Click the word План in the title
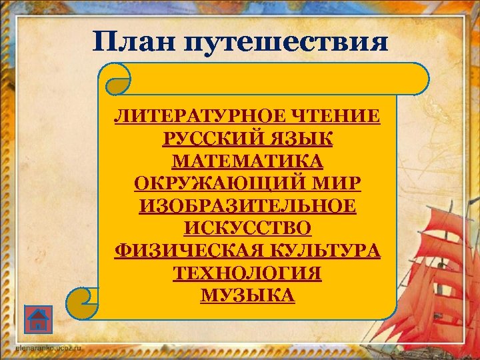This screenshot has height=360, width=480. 134,41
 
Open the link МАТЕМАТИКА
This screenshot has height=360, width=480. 247,161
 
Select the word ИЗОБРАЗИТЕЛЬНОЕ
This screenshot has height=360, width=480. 247,205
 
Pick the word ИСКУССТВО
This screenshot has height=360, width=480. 247,228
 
